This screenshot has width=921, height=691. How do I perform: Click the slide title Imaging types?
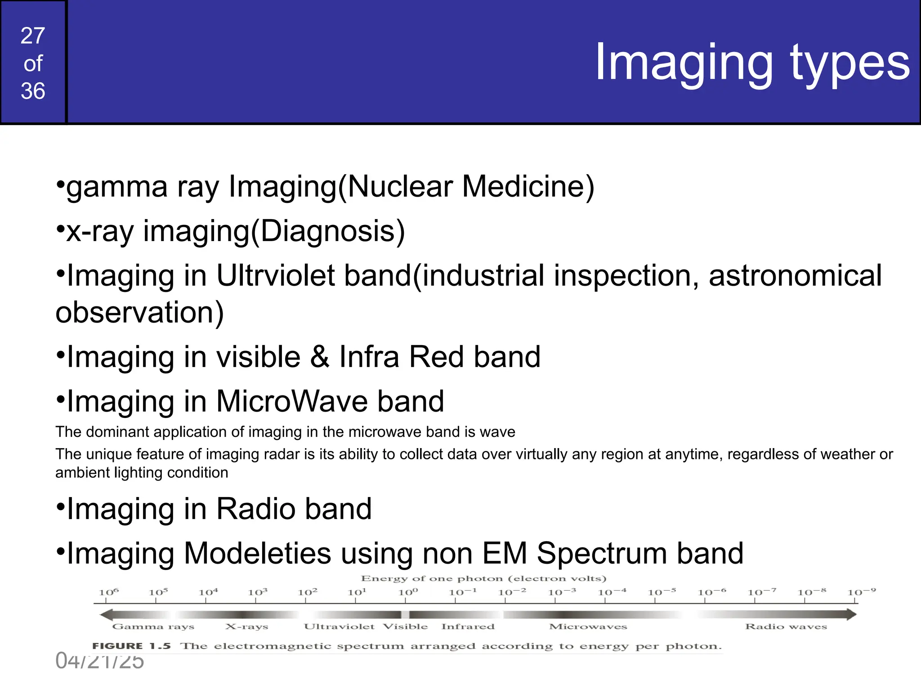click(x=752, y=63)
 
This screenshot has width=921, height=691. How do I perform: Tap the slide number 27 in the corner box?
click(x=33, y=36)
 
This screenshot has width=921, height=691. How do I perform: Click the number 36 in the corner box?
click(x=33, y=91)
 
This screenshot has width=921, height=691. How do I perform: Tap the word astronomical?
click(x=795, y=275)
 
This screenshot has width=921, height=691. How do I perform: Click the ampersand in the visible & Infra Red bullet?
click(x=320, y=357)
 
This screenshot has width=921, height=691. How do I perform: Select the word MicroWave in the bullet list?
click(x=292, y=401)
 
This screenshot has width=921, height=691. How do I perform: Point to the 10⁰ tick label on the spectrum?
click(x=408, y=592)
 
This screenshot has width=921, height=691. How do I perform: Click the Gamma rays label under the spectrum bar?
click(x=153, y=627)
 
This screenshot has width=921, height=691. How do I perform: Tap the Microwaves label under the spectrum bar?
click(x=588, y=627)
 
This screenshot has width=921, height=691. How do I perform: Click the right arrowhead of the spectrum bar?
click(x=851, y=614)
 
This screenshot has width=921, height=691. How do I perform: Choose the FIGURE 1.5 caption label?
click(x=131, y=646)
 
